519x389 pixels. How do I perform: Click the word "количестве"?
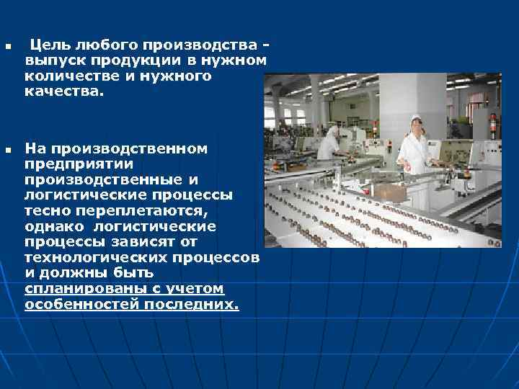point(68,76)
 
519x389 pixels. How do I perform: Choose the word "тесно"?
point(45,210)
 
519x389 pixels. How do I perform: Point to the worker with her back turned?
point(329,142)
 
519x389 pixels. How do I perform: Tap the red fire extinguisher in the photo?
point(492,125)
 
